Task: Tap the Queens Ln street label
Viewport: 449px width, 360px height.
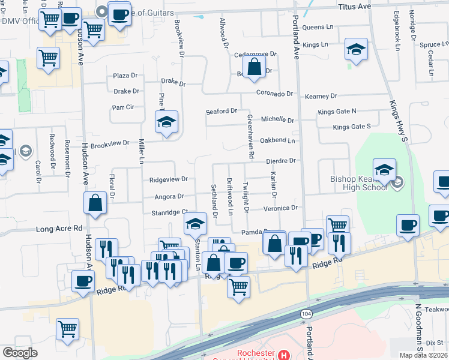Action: pyautogui.click(x=318, y=28)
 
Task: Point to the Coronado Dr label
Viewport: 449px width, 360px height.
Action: pyautogui.click(x=274, y=94)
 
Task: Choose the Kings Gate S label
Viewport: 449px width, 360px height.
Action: pyautogui.click(x=352, y=127)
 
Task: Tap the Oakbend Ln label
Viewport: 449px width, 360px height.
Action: pyautogui.click(x=277, y=141)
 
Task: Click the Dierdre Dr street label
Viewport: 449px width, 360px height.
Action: pyautogui.click(x=282, y=161)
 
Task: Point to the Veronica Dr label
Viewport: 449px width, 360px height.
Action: pyautogui.click(x=282, y=208)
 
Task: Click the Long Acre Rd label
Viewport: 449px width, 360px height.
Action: pyautogui.click(x=59, y=229)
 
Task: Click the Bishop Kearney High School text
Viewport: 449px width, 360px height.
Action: pyautogui.click(x=360, y=183)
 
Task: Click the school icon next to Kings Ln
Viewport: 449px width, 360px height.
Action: pyautogui.click(x=357, y=49)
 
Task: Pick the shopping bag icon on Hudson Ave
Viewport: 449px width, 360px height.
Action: pyautogui.click(x=95, y=203)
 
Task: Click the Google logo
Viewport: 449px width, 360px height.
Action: pyautogui.click(x=20, y=352)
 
